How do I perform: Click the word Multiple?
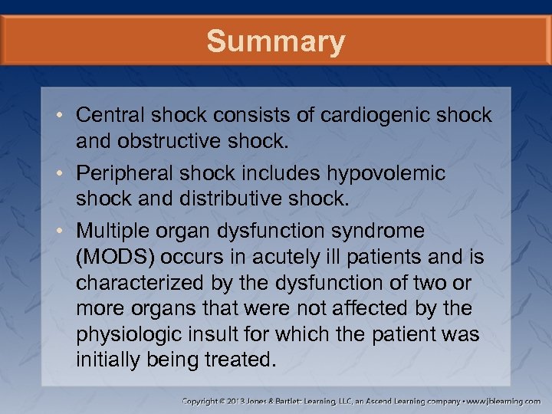coord(110,231)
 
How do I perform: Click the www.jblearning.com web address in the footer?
coord(506,400)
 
